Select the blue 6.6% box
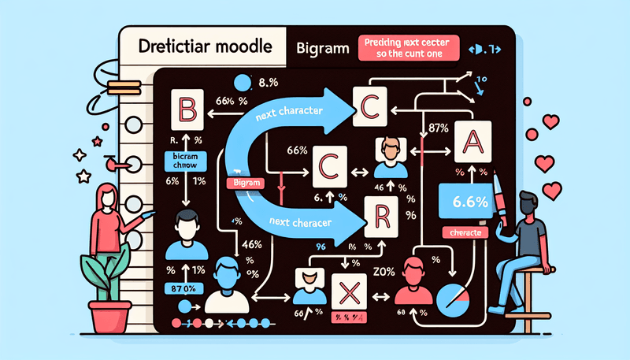(x=465, y=202)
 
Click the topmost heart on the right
(x=550, y=122)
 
